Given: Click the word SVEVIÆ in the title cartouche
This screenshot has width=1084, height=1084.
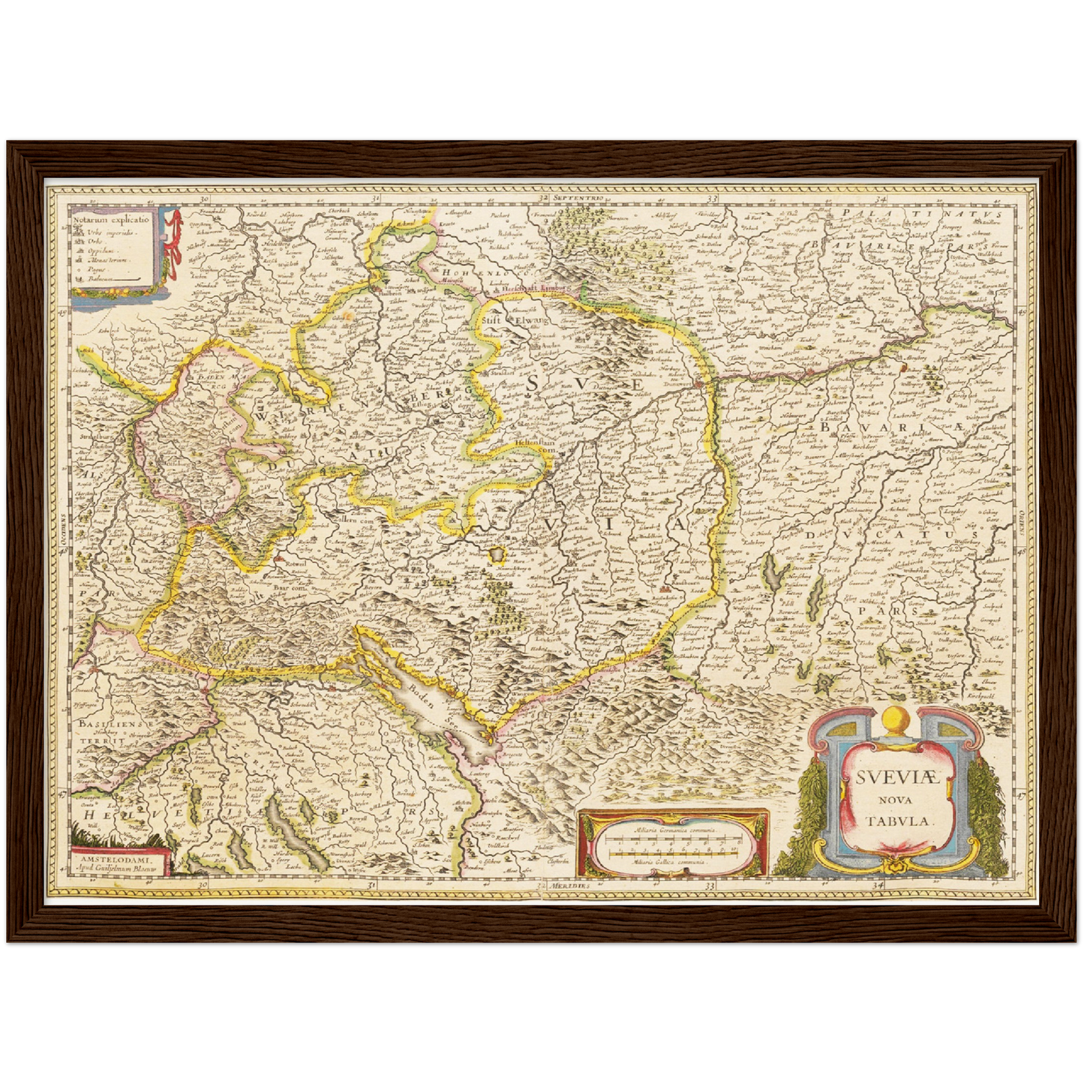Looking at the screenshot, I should click(896, 776).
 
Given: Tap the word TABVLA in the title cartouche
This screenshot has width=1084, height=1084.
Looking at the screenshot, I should click(899, 820).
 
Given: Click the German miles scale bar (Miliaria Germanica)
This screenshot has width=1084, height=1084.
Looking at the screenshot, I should click(673, 839).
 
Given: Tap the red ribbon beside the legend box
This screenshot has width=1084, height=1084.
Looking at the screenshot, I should click(175, 240).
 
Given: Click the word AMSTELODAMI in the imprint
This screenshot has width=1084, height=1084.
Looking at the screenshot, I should click(119, 853).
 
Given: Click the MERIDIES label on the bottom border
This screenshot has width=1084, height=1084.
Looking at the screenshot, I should click(568, 886).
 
